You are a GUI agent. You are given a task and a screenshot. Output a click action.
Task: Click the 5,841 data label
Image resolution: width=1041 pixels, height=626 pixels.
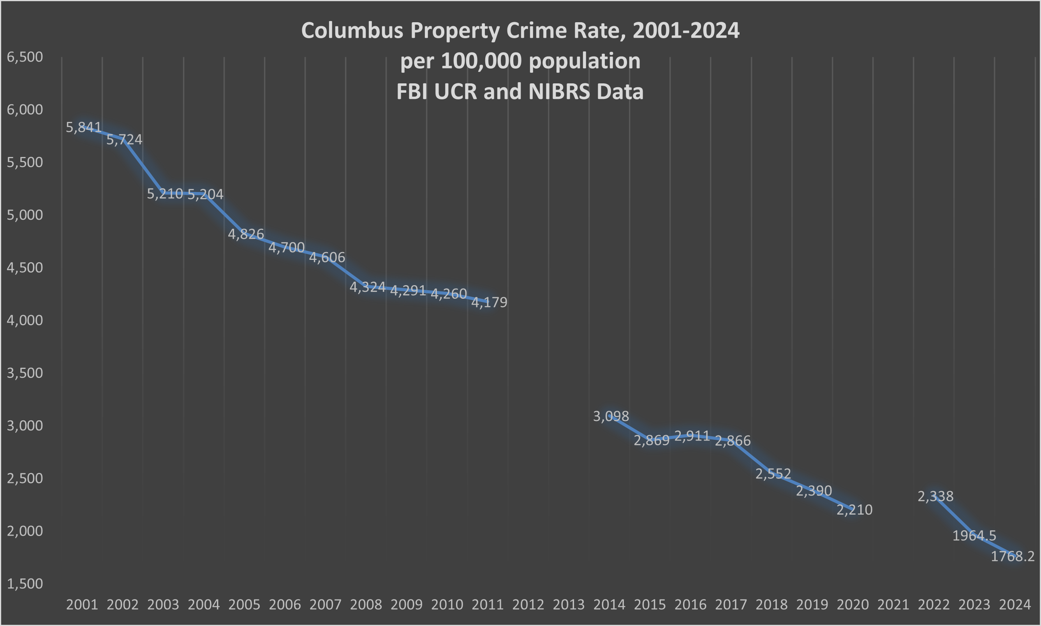pos(83,127)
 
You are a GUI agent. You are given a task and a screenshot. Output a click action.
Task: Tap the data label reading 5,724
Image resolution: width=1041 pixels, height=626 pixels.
pos(124,139)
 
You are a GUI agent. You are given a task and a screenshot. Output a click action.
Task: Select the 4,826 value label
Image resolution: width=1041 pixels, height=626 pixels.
pos(246,234)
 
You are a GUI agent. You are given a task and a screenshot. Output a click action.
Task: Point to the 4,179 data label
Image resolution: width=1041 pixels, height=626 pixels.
pos(489,302)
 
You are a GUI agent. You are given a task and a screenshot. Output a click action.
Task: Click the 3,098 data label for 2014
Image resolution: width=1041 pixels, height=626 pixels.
pos(611,416)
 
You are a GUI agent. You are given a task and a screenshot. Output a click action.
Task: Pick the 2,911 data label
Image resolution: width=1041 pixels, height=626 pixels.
pos(692,436)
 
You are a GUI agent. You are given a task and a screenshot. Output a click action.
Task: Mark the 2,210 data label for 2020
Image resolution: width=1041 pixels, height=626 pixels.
pos(854,510)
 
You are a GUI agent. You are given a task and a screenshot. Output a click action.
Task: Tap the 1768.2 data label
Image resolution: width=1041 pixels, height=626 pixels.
pos(1012,556)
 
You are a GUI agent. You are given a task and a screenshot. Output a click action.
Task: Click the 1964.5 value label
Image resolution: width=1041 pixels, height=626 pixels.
pos(974,536)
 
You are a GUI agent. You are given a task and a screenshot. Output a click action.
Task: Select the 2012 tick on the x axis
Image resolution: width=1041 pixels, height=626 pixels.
pos(528,605)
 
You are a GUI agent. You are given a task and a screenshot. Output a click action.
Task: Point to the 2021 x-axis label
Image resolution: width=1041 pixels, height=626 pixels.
pos(893,605)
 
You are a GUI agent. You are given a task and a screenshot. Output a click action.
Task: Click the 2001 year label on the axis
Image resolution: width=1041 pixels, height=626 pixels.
pos(82,605)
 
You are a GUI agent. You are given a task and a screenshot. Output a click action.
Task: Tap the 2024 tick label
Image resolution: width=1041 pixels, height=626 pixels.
pos(1015,605)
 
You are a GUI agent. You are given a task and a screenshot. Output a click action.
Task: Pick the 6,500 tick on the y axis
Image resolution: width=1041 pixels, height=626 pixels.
pos(25,57)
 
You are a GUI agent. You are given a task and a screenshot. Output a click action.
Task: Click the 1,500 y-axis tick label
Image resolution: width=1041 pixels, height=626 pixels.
pos(25,584)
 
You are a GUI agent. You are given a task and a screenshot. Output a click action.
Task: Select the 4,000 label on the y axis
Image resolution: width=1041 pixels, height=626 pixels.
pos(25,320)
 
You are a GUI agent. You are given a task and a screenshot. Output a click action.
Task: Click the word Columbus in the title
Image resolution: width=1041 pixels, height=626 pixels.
pos(352,30)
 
